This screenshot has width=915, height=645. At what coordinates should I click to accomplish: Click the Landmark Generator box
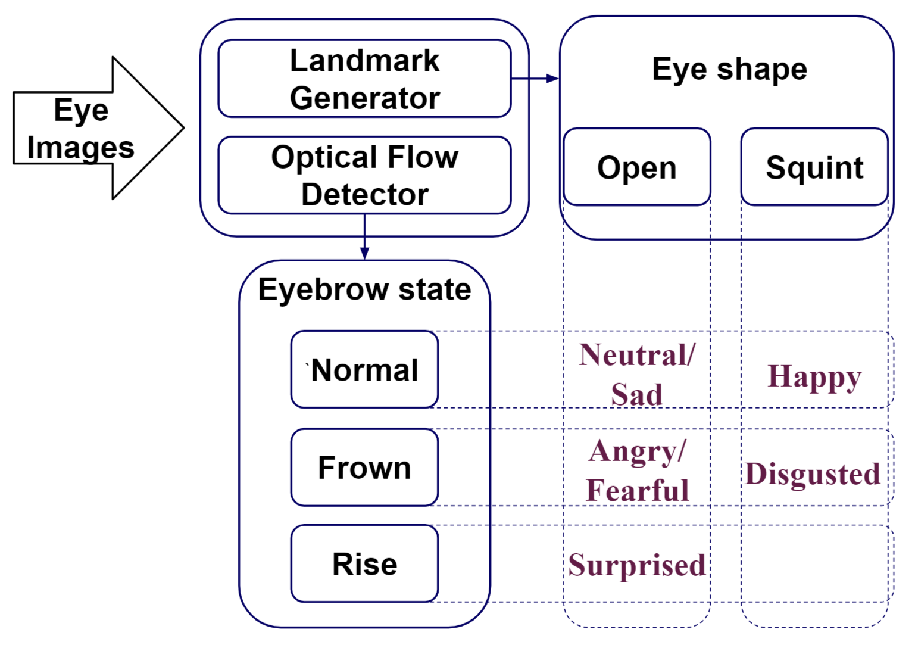point(364,79)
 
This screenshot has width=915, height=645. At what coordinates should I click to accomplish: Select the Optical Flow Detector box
point(364,175)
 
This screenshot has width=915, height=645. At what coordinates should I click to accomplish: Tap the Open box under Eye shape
point(636,167)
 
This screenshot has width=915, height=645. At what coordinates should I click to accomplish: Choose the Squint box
point(814,167)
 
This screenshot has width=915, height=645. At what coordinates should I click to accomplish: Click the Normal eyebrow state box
point(364,370)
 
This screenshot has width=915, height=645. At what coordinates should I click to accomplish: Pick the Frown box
point(364,468)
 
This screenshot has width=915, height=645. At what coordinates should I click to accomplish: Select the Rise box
point(364,564)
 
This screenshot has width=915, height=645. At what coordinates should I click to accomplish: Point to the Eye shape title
point(729,70)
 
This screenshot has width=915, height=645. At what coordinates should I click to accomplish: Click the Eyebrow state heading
point(364,290)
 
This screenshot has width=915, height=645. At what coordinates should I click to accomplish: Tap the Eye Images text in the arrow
point(81,129)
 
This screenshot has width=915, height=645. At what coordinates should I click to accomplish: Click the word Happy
point(814,376)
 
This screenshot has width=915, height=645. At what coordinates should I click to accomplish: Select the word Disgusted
point(812,474)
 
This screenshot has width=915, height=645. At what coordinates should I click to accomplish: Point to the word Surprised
point(636,565)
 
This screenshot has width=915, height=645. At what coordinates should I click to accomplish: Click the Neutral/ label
point(636,355)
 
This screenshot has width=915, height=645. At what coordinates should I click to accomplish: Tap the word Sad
point(636,394)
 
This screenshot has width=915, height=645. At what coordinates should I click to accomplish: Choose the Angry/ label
point(637,451)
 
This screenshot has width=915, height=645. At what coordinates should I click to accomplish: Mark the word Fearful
point(637,491)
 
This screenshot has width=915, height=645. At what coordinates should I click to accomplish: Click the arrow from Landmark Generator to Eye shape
point(535,78)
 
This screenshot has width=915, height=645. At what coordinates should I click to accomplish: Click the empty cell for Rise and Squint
point(814,564)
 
